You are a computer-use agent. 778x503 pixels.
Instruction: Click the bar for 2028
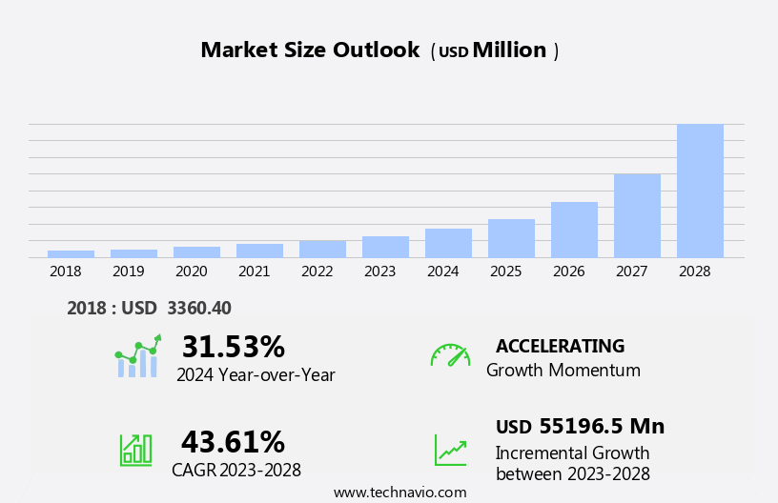coord(700,191)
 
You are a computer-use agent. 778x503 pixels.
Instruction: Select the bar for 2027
coord(637,215)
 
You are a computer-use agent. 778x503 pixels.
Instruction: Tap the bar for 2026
coord(574,230)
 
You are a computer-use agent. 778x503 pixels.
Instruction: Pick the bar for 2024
coord(448,243)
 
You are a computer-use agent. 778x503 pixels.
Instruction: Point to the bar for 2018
coord(71,253)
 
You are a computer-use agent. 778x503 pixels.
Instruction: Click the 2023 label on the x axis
coord(379,272)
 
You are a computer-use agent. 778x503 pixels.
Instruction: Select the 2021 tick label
coord(254,272)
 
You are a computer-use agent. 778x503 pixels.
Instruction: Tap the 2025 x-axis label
coord(505,272)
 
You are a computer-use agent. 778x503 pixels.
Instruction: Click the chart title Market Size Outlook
coord(310,50)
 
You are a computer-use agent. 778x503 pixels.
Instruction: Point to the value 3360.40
coord(199,308)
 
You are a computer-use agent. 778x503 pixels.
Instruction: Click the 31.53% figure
coord(233,347)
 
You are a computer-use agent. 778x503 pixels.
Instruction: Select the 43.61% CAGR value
coord(233,442)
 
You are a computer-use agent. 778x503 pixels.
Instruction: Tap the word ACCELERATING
coord(560,347)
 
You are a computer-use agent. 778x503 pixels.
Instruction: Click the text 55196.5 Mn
coord(602,427)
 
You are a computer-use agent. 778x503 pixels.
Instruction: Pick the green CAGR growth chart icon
coord(136,449)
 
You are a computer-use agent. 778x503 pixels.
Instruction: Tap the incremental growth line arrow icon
coord(450,449)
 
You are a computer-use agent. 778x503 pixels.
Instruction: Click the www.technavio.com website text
coord(399,493)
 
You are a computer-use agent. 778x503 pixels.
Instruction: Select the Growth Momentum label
coord(563,371)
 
